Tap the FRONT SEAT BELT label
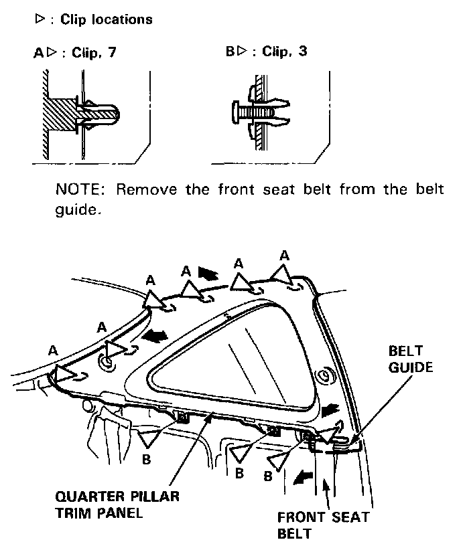tap(323, 526)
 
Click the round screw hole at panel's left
tap(106, 363)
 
